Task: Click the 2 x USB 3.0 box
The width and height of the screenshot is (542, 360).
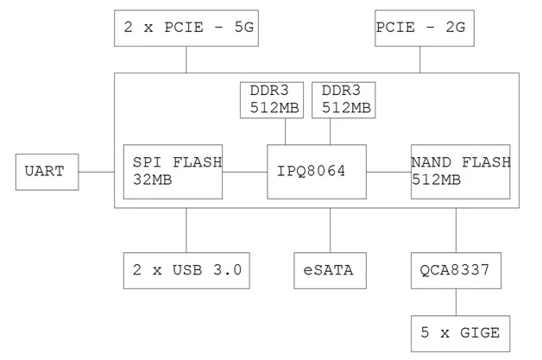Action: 186,271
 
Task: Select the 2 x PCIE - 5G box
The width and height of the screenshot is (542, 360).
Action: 186,28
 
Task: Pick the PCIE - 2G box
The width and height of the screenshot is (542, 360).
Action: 420,28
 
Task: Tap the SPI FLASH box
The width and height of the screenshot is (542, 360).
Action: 173,171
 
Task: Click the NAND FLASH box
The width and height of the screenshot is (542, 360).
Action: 460,171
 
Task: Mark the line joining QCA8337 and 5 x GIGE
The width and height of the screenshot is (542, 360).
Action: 456,302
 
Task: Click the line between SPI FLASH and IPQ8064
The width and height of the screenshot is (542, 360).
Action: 244,172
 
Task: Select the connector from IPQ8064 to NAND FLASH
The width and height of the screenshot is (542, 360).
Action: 388,172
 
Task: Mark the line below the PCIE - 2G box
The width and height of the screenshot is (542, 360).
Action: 420,60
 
